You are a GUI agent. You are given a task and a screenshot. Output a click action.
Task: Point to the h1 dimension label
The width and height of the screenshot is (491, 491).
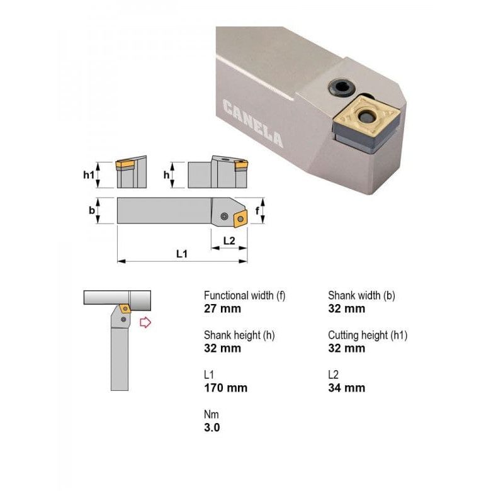89,174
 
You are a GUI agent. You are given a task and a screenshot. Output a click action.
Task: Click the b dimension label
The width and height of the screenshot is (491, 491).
92,210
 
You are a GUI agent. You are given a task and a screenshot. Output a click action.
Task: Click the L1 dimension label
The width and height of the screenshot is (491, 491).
182,254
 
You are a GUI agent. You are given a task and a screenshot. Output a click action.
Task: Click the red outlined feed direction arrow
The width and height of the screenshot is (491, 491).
145,323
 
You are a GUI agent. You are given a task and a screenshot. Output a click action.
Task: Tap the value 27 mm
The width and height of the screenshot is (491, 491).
222,308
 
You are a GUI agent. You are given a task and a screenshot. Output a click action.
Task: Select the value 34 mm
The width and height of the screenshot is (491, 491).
346,388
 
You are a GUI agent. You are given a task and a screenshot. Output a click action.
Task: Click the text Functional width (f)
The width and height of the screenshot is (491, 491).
244,295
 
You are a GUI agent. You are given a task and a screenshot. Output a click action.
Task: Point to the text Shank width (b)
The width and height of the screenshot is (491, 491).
361,295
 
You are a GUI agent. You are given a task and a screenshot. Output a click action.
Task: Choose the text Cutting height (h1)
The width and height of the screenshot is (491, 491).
368,335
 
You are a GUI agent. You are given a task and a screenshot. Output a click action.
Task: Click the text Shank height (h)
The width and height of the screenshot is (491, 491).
239,335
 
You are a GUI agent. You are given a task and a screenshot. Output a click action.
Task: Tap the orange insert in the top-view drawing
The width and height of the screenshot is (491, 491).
240,218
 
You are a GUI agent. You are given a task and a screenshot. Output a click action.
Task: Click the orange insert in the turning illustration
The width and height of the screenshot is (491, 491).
125,308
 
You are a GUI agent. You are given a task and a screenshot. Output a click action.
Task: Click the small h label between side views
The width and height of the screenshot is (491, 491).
166,174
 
